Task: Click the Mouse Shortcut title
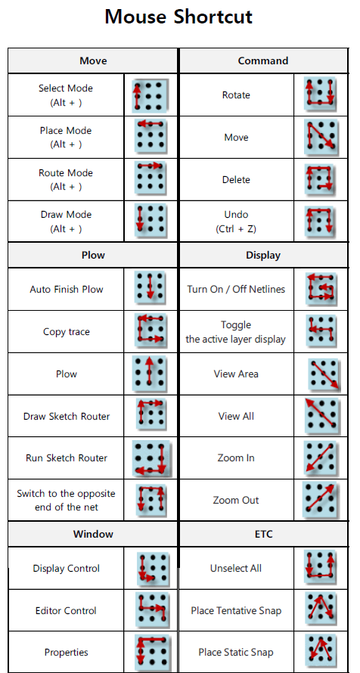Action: click(x=178, y=17)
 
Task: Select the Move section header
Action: click(x=93, y=60)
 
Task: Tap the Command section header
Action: click(x=263, y=60)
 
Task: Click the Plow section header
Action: click(x=93, y=255)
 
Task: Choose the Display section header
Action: click(x=263, y=255)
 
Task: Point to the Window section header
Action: click(x=93, y=534)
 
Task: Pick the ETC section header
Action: click(x=263, y=534)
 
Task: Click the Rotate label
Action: click(x=236, y=95)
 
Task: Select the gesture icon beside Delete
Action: click(x=320, y=179)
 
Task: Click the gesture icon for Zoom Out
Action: click(x=320, y=501)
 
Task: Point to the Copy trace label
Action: click(x=67, y=332)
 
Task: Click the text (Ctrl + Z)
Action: click(x=236, y=229)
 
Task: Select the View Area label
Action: click(x=236, y=374)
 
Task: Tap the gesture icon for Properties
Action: click(x=152, y=652)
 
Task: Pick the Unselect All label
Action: click(x=236, y=569)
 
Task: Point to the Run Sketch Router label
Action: click(x=67, y=458)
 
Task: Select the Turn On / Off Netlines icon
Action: click(x=321, y=287)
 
